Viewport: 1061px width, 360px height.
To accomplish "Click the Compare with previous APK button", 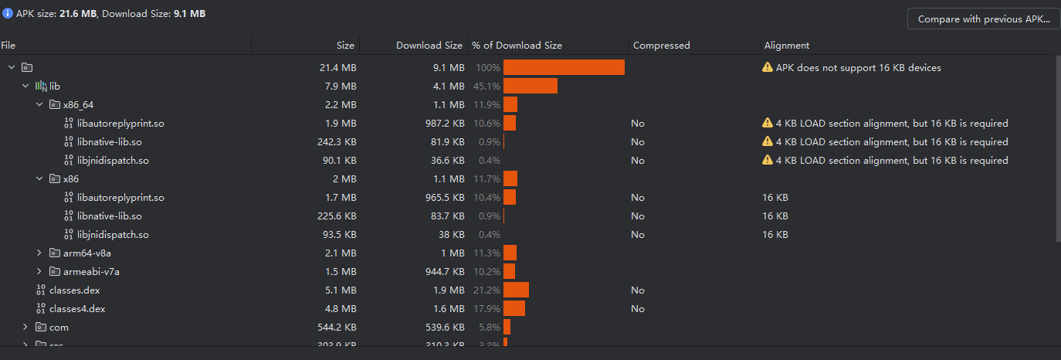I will pyautogui.click(x=984, y=19).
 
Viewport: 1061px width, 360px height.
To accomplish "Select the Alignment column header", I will pyautogui.click(x=786, y=46).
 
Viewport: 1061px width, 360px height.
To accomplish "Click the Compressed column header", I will pyautogui.click(x=661, y=46).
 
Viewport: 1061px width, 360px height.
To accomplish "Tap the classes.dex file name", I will pyautogui.click(x=74, y=290).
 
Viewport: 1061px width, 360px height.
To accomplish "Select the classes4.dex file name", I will pyautogui.click(x=76, y=309).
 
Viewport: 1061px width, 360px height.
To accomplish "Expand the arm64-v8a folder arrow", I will pyautogui.click(x=39, y=253).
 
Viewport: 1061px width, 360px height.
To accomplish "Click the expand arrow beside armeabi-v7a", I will pyautogui.click(x=39, y=272).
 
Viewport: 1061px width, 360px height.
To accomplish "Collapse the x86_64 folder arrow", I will pyautogui.click(x=39, y=105).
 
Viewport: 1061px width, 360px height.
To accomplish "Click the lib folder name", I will pyautogui.click(x=55, y=87).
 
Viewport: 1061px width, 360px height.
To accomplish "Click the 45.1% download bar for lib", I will pyautogui.click(x=530, y=87).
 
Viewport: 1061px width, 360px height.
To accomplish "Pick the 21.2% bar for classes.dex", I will pyautogui.click(x=516, y=290).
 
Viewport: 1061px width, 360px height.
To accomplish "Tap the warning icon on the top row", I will pyautogui.click(x=767, y=68).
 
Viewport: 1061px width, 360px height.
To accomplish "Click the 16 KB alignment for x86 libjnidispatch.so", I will pyautogui.click(x=775, y=235).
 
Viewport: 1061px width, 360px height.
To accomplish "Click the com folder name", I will pyautogui.click(x=59, y=328).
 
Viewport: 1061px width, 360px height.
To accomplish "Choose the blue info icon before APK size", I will pyautogui.click(x=8, y=13).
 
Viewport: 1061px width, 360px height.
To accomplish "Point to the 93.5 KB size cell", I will pyautogui.click(x=337, y=235).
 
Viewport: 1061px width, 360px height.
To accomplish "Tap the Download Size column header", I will pyautogui.click(x=429, y=46).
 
